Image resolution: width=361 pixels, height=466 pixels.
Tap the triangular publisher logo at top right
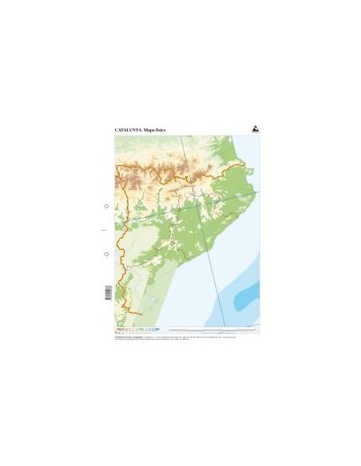pyautogui.click(x=255, y=128)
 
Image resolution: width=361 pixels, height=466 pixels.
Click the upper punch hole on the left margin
pyautogui.click(x=107, y=206)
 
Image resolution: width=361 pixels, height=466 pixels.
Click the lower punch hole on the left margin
pyautogui.click(x=107, y=254)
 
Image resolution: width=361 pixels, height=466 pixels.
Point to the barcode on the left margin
pyautogui.click(x=107, y=293)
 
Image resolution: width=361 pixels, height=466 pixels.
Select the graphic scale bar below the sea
pyautogui.click(x=212, y=329)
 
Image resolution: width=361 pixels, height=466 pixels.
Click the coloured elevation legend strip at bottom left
pyautogui.click(x=136, y=329)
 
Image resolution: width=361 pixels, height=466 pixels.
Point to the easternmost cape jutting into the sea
pyautogui.click(x=256, y=192)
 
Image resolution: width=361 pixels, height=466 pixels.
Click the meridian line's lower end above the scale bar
pyautogui.click(x=225, y=325)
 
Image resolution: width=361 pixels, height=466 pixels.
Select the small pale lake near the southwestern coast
pyautogui.click(x=151, y=302)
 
